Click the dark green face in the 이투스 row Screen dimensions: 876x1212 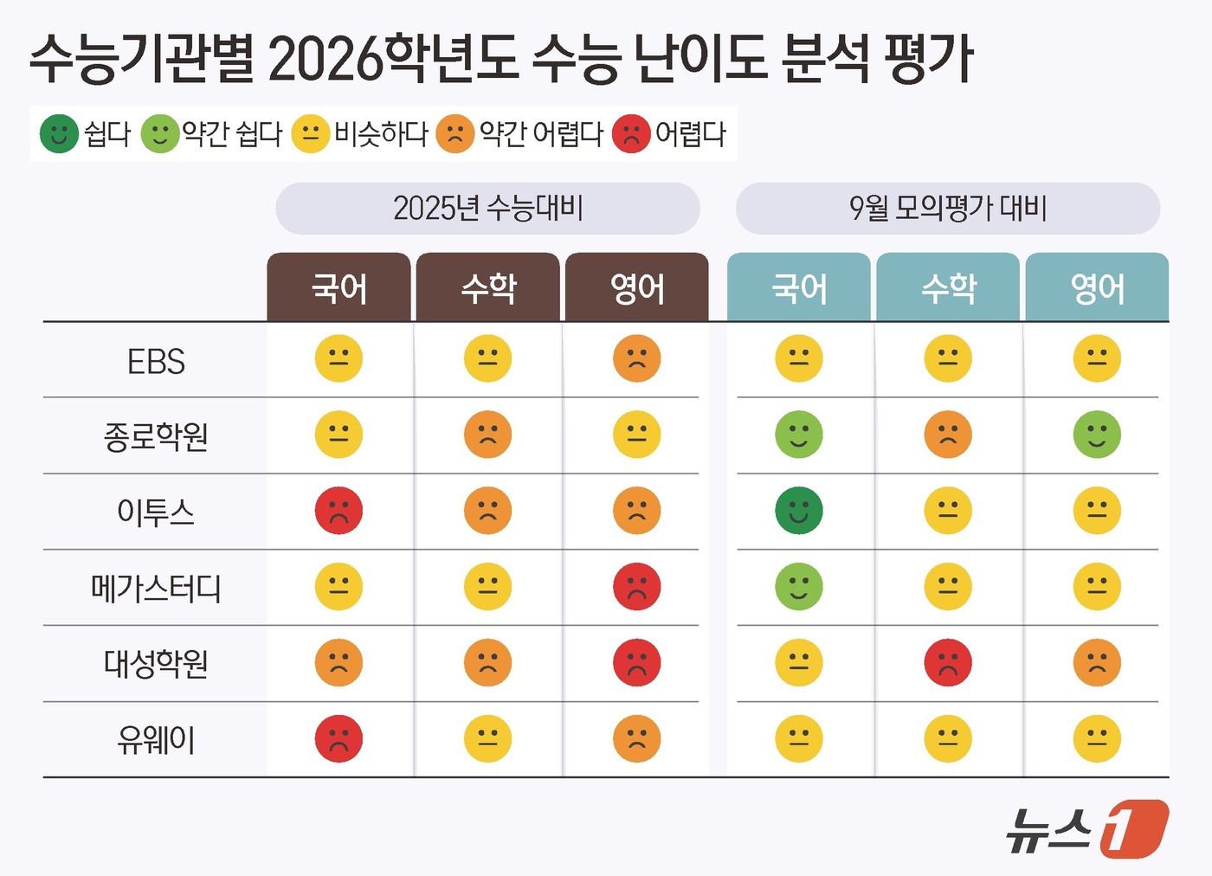click(x=798, y=511)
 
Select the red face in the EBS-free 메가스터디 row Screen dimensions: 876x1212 click(x=636, y=587)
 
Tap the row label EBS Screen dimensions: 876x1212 click(x=156, y=361)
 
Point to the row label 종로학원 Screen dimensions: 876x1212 click(x=156, y=436)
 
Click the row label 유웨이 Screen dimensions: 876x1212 click(x=156, y=740)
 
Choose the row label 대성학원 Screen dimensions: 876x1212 click(x=156, y=664)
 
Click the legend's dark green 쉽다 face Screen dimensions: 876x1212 click(x=59, y=134)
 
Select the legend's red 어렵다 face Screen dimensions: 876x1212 click(x=631, y=134)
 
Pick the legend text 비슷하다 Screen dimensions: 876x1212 click(x=381, y=134)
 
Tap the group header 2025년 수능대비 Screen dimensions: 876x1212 click(x=487, y=209)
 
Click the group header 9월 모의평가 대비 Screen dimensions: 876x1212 click(x=948, y=209)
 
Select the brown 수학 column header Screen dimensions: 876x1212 click(x=488, y=288)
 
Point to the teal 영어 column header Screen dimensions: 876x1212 click(x=1097, y=288)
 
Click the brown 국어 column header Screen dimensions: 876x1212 click(x=339, y=288)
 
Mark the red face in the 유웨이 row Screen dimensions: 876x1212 click(x=338, y=739)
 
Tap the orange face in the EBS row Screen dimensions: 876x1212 click(x=636, y=358)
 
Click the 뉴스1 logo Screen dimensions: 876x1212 click(x=1086, y=829)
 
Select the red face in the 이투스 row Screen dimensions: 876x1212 click(x=338, y=511)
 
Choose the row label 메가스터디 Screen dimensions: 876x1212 click(x=156, y=589)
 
